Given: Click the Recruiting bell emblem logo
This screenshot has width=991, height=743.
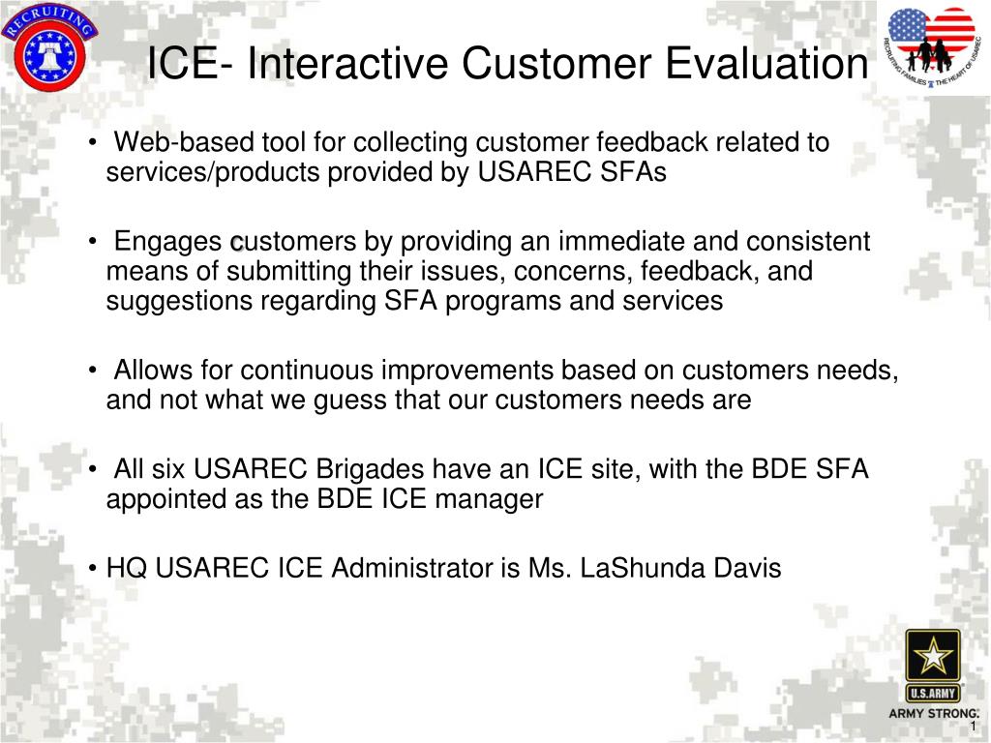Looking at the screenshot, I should [49, 49].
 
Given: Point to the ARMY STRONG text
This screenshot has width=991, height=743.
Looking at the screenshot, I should [933, 714].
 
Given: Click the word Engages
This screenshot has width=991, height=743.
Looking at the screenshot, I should [167, 242].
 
